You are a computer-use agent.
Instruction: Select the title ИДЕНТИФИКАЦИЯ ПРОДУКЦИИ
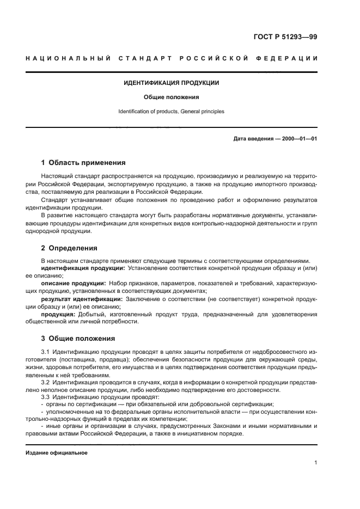[x=172, y=83]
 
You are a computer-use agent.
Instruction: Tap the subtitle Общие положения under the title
[x=172, y=97]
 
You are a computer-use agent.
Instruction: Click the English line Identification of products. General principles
[x=172, y=112]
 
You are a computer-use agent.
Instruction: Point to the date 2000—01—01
[x=298, y=138]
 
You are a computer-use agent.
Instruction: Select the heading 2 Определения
[x=69, y=248]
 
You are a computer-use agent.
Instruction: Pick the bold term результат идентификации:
[x=82, y=298]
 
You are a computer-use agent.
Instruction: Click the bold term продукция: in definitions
[x=59, y=314]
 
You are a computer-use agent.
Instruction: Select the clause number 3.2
[x=46, y=383]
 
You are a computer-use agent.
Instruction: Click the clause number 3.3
[x=46, y=397]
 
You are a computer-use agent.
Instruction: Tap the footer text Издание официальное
[x=57, y=453]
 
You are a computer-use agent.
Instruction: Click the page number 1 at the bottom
[x=315, y=463]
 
